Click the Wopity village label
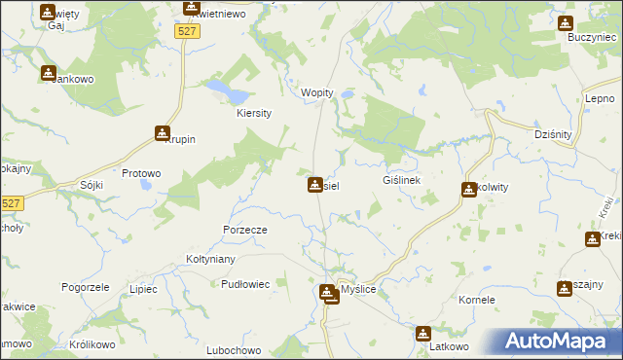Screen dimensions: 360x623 point(317,92)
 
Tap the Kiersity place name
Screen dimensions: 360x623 point(254,113)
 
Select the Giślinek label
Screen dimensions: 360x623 point(401,181)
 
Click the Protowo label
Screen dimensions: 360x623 point(141,173)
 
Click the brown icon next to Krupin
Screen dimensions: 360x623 point(163,133)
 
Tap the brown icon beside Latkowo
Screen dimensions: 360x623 point(422,334)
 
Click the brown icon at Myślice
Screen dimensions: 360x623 point(330,291)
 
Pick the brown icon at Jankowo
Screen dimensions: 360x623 point(48,72)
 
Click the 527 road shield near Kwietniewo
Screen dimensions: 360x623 point(189,32)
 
